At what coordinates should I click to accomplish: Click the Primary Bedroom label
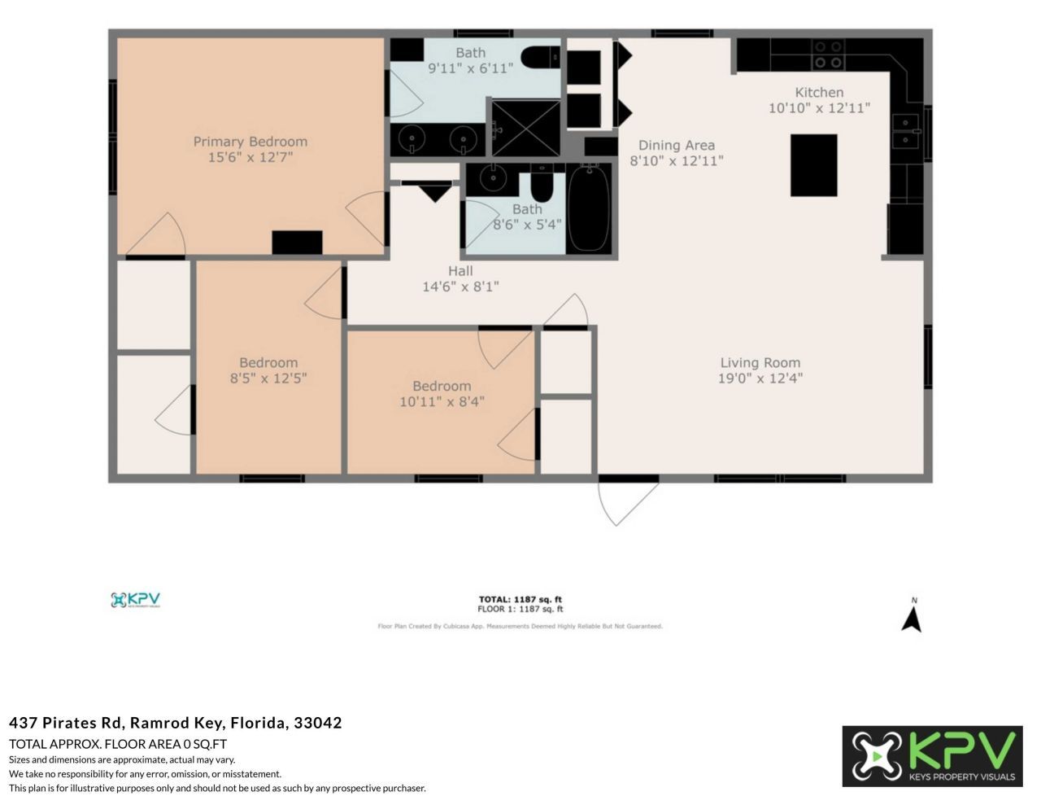tap(250, 142)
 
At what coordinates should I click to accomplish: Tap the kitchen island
tap(813, 165)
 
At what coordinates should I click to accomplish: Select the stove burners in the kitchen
tap(828, 55)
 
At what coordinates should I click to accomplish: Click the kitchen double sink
tap(904, 131)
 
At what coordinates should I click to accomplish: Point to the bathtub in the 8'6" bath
tap(588, 208)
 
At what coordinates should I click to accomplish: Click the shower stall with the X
tap(525, 128)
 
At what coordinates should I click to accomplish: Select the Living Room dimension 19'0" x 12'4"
tap(760, 378)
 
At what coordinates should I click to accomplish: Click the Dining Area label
tap(676, 145)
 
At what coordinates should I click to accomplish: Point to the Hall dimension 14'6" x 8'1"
tap(460, 287)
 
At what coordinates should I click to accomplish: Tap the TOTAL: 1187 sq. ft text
tap(520, 599)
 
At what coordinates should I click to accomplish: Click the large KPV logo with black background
tap(932, 756)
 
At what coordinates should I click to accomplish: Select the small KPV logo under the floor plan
tap(135, 600)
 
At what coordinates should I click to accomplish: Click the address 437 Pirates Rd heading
tap(175, 722)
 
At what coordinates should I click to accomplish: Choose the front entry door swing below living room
tap(622, 500)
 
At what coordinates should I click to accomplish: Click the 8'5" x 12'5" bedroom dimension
tap(268, 378)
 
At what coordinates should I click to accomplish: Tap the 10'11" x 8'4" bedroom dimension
tap(442, 401)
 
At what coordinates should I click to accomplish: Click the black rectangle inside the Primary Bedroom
tap(297, 243)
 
